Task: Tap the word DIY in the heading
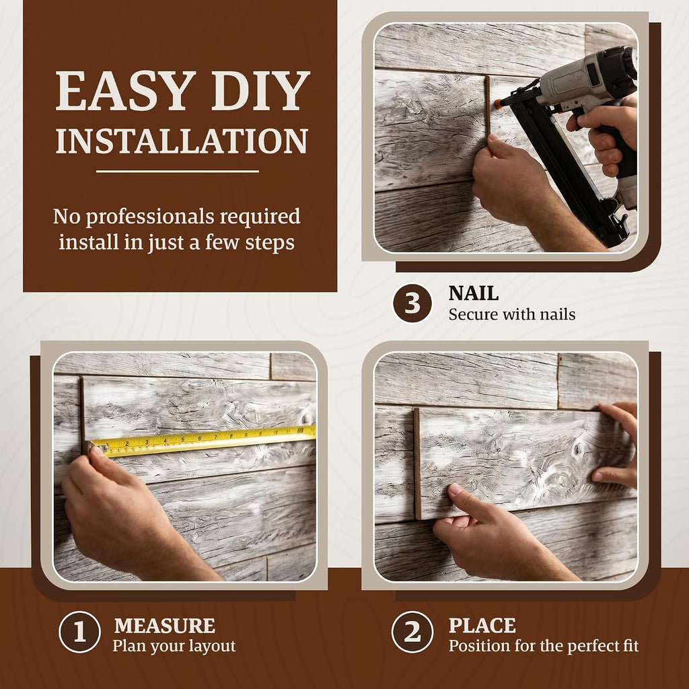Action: coord(261,91)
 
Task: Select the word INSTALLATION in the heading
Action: coord(182,141)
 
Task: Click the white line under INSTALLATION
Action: coord(178,172)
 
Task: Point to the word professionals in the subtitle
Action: coord(150,217)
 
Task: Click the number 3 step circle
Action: coord(412,303)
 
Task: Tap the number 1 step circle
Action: coord(79,632)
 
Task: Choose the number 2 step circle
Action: coord(412,632)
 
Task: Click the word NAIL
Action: coord(473,293)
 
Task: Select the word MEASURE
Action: coord(165,626)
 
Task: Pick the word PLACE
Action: coord(482,626)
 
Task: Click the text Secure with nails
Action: coord(512,315)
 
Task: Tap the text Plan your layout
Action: coord(174,647)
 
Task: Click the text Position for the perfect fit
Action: coord(544,647)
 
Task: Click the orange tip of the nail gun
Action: coord(498,104)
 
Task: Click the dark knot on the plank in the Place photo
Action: coord(578,449)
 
